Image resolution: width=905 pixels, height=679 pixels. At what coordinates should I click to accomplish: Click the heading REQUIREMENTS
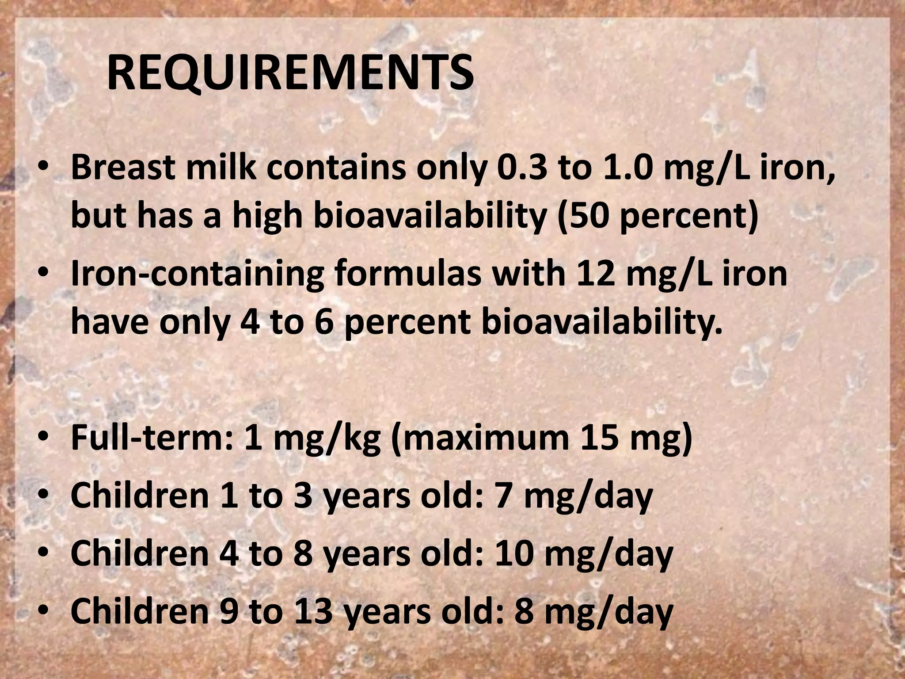290,73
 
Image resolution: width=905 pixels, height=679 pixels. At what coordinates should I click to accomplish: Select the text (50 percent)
658,216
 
